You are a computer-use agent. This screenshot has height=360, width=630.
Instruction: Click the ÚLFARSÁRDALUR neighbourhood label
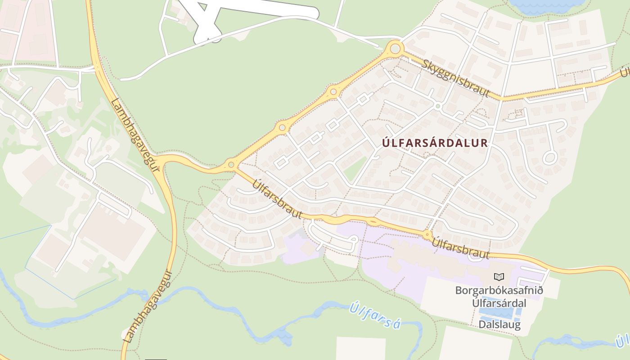[435, 143]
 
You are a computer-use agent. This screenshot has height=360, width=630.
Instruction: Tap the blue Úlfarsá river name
[374, 316]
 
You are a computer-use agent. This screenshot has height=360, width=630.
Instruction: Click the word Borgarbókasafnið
[499, 290]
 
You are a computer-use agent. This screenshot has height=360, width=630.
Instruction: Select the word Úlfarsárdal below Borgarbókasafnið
[499, 303]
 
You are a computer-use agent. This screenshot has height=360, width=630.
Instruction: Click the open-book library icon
[499, 277]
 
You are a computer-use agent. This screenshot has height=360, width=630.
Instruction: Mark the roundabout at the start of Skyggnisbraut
[395, 48]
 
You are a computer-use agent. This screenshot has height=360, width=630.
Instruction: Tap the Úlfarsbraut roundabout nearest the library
[427, 234]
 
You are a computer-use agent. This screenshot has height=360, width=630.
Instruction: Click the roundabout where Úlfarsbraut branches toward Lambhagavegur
[231, 165]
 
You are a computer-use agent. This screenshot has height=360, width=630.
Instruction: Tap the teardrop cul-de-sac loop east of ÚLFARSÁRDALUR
[549, 157]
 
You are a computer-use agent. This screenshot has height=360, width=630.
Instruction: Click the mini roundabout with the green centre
[437, 106]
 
